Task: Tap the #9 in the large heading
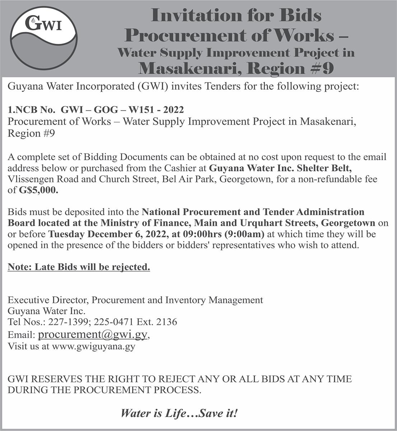tap(322, 68)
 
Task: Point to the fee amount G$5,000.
tap(38, 190)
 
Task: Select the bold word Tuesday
tap(67, 234)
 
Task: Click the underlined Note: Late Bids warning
tap(79, 267)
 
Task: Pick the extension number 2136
tap(167, 322)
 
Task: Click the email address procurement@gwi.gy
tap(93, 334)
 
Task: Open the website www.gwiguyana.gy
tap(93, 347)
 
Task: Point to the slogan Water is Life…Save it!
tap(179, 413)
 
